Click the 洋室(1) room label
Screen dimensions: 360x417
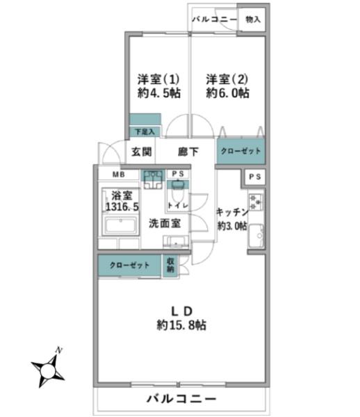[158, 79]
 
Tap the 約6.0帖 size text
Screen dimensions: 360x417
[227, 93]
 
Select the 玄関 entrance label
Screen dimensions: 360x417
[142, 152]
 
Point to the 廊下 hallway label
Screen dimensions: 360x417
[188, 152]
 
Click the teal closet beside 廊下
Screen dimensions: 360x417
[241, 151]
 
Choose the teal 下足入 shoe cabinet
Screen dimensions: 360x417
[145, 131]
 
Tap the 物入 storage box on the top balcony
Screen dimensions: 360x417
[252, 19]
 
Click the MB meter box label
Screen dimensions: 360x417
[119, 174]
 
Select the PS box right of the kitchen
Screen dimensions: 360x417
[255, 177]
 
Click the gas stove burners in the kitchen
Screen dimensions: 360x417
[256, 202]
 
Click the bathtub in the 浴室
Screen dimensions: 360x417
[120, 226]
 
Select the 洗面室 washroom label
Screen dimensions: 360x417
[165, 223]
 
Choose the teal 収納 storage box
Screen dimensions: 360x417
[170, 265]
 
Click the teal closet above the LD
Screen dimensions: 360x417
[129, 265]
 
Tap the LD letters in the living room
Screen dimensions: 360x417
[181, 311]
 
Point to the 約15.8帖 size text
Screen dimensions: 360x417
[181, 325]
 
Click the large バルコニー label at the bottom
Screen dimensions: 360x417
[181, 399]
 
